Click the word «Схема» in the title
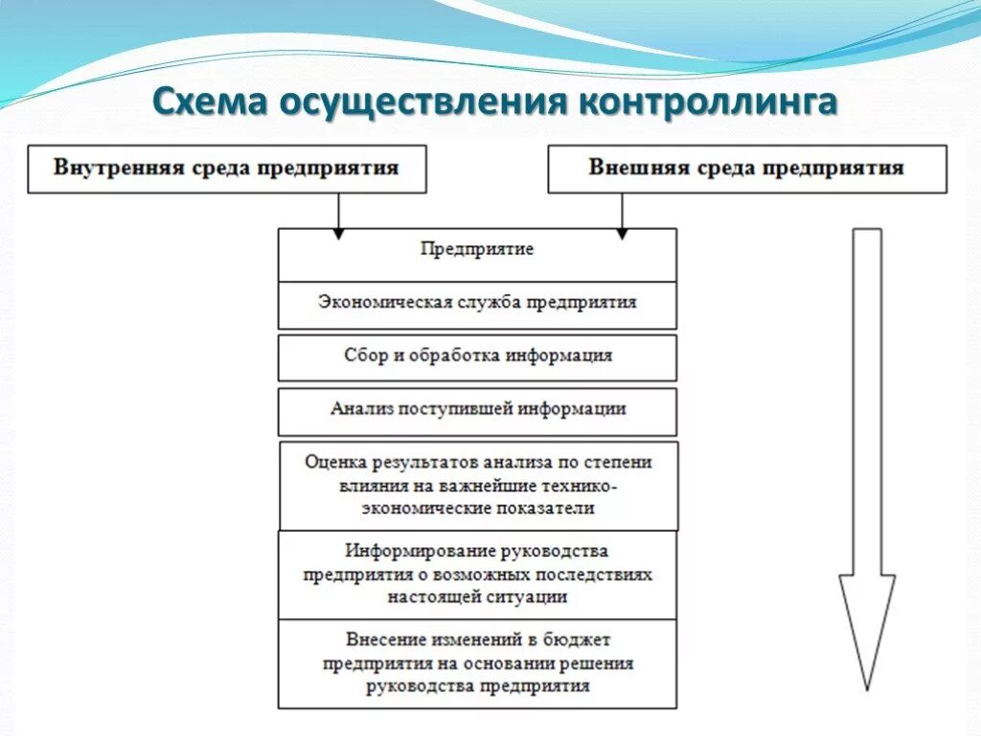pyautogui.click(x=209, y=102)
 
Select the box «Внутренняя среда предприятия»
pyautogui.click(x=226, y=169)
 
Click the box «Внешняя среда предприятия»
pyautogui.click(x=746, y=169)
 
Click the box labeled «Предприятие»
pyautogui.click(x=477, y=254)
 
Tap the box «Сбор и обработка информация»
pyautogui.click(x=477, y=357)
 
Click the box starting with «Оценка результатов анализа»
pyautogui.click(x=478, y=485)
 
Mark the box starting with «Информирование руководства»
pyautogui.click(x=477, y=574)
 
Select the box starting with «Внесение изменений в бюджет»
pyautogui.click(x=477, y=663)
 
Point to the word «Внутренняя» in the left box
pyautogui.click(x=102, y=169)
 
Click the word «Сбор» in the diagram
pyautogui.click(x=365, y=356)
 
